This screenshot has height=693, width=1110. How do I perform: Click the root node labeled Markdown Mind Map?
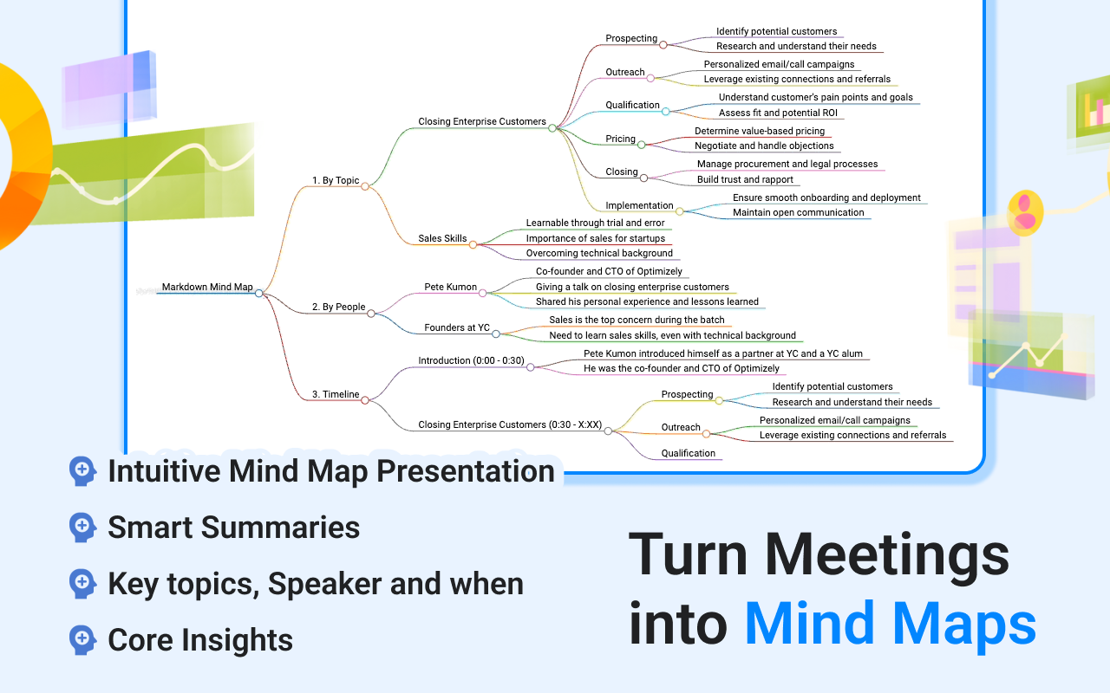pos(207,287)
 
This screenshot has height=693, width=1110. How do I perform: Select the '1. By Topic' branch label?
pos(336,180)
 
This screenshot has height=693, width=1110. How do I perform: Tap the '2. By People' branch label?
pos(338,307)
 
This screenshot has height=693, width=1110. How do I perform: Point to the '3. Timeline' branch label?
pos(336,394)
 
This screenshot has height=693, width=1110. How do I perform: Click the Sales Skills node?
pos(442,238)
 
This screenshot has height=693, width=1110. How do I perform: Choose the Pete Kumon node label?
pos(450,286)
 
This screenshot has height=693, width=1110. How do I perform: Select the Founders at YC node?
pos(457,327)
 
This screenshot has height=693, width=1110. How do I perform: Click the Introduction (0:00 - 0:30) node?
pos(471,360)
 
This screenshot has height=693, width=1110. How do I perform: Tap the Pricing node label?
pos(620,139)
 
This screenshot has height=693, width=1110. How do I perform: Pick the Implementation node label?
pos(639,205)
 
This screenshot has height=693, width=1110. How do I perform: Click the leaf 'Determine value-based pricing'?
pos(760,131)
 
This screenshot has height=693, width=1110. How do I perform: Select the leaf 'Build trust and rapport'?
pos(745,179)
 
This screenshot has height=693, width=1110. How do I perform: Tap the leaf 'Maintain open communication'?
pos(798,212)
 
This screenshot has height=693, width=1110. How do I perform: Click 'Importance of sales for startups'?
pos(596,238)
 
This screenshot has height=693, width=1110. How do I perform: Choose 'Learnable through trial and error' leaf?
pos(595,223)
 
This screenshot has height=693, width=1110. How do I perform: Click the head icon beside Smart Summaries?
pos(82,527)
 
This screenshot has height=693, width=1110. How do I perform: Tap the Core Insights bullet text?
pos(200,640)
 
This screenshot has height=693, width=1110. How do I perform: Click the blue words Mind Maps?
pos(890,624)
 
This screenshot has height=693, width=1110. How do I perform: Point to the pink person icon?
pos(1025,212)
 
